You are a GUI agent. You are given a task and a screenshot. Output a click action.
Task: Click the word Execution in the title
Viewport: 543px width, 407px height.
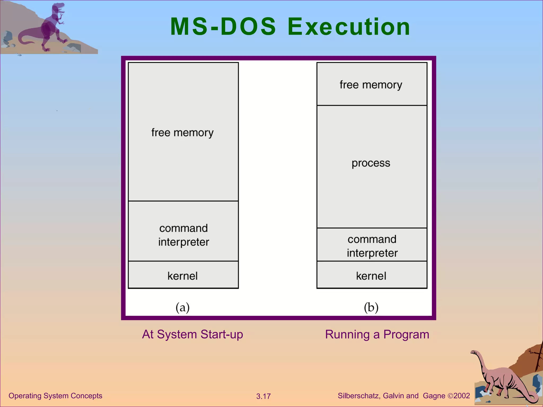click(x=349, y=26)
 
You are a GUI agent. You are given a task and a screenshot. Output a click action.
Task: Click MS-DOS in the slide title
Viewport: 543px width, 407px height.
click(x=223, y=26)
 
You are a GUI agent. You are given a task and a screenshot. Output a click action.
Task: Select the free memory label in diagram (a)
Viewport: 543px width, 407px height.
click(x=182, y=132)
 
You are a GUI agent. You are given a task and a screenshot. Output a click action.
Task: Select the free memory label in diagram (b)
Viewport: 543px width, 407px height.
click(x=371, y=85)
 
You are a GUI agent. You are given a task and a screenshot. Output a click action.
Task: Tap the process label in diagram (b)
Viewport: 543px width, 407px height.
click(x=371, y=163)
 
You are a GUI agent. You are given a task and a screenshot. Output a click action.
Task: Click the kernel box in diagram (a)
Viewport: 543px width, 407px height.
click(x=183, y=276)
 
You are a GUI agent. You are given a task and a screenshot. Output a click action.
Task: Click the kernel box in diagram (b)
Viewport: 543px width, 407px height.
click(x=371, y=276)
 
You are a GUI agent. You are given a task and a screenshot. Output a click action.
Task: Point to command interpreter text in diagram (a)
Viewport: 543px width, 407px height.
click(x=183, y=235)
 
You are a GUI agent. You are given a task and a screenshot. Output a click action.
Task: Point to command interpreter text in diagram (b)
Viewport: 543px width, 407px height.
click(x=372, y=246)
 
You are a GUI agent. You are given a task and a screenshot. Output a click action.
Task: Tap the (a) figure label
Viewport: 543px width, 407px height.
click(x=182, y=307)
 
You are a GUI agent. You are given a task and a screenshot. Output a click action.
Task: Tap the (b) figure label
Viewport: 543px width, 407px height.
click(x=371, y=307)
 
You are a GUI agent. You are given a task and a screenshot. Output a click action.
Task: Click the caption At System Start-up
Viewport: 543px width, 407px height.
click(x=192, y=334)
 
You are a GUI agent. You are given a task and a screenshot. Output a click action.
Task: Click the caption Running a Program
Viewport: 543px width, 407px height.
click(x=377, y=334)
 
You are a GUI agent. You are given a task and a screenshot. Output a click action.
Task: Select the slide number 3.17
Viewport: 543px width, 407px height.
click(x=263, y=396)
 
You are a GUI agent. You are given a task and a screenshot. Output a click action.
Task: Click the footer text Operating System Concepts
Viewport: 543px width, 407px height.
click(x=55, y=396)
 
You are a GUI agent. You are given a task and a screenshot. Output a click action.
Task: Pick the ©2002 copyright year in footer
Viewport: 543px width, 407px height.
click(x=459, y=396)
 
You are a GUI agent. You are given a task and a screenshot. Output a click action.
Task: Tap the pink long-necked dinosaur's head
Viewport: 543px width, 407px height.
click(x=474, y=352)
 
